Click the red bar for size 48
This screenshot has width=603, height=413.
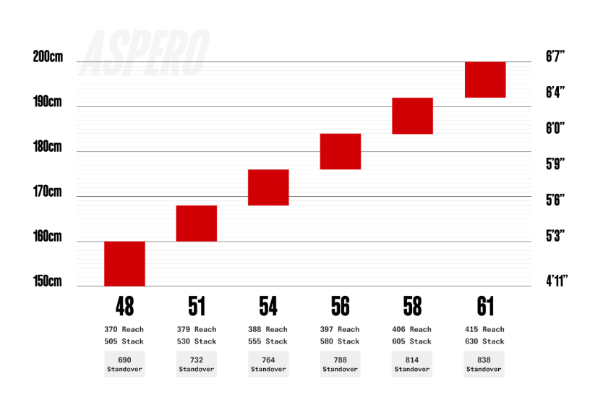pos(124,264)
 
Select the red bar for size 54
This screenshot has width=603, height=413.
pos(268,187)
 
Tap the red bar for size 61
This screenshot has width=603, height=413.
pos(485,80)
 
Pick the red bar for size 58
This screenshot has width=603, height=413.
pos(413,116)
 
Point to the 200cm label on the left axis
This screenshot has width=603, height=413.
pos(48,56)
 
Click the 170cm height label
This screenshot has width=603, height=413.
pos(47,191)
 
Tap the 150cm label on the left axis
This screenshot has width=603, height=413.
pos(47,281)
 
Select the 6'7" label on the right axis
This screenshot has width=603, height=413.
pos(555,56)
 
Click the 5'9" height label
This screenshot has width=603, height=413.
pos(555,163)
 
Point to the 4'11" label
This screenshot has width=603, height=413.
pos(557,281)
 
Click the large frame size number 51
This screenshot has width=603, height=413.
pos(197,307)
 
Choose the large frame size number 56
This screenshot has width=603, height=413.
pos(341,307)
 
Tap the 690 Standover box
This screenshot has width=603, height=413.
pos(124,364)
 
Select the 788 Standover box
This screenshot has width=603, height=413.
pos(341,364)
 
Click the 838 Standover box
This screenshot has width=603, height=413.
pos(484,364)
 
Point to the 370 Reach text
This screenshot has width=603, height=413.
pos(124,329)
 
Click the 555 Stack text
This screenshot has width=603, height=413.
pos(268,341)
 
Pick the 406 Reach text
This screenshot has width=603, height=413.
pos(412,329)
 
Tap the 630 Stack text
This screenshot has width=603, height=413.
pos(484,341)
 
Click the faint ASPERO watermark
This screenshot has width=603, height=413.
pos(145,53)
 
